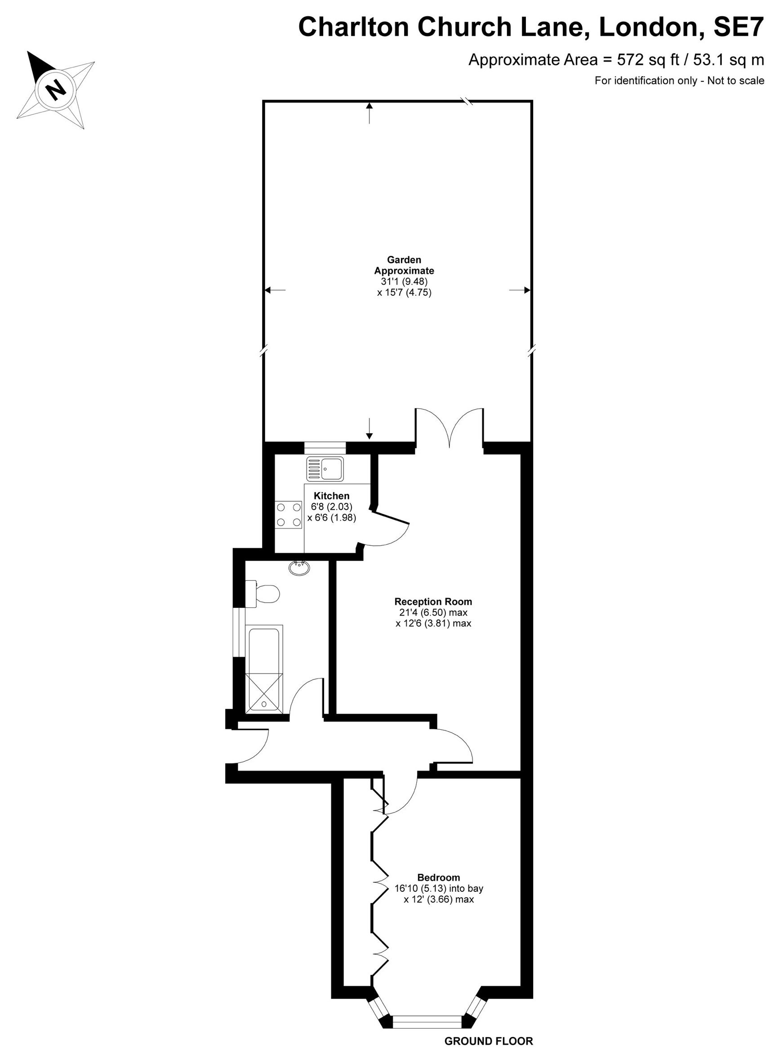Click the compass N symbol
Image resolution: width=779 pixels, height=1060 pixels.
pyautogui.click(x=56, y=90)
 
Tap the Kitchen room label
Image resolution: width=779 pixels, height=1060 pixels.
pyautogui.click(x=331, y=496)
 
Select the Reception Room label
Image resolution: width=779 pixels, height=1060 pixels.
pyautogui.click(x=433, y=602)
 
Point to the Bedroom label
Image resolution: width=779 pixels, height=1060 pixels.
pyautogui.click(x=439, y=877)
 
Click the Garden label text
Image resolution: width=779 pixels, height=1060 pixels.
pyautogui.click(x=404, y=260)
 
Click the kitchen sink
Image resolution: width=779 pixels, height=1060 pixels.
pyautogui.click(x=325, y=469)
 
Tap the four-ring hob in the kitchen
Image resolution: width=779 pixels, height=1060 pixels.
pyautogui.click(x=289, y=515)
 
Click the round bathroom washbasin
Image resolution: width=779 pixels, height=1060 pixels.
pyautogui.click(x=299, y=568)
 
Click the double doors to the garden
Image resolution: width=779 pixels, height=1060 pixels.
pyautogui.click(x=449, y=427)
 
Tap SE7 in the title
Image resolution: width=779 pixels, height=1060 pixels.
pyautogui.click(x=738, y=27)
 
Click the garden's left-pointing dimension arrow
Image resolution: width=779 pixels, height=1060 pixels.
pyautogui.click(x=275, y=290)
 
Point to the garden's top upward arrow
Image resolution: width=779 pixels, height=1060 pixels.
pyautogui.click(x=369, y=113)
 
